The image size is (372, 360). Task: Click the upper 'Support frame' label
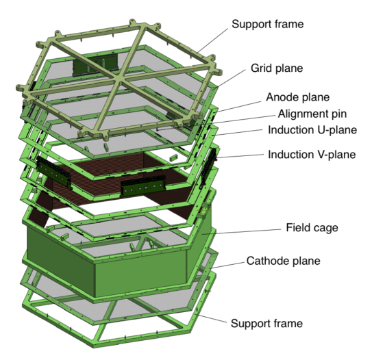(268, 25)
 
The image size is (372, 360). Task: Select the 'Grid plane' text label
(277, 68)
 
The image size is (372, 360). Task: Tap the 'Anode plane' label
(298, 97)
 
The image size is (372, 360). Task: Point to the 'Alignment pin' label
(312, 114)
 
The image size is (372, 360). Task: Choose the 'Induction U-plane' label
(312, 130)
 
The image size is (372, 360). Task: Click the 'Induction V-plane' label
(312, 155)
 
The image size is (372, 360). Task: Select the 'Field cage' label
(312, 228)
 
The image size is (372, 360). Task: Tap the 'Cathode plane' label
(283, 261)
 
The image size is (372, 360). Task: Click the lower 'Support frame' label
(266, 324)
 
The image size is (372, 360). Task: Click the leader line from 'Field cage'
(242, 231)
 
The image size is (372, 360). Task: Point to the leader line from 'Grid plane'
(231, 79)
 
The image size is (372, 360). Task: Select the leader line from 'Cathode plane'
(227, 265)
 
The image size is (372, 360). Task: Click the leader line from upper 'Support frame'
(212, 40)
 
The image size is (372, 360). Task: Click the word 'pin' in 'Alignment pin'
(338, 114)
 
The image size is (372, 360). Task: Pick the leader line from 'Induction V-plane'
(240, 156)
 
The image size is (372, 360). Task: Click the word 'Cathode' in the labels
(268, 261)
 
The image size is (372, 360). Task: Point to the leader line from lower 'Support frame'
(212, 318)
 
